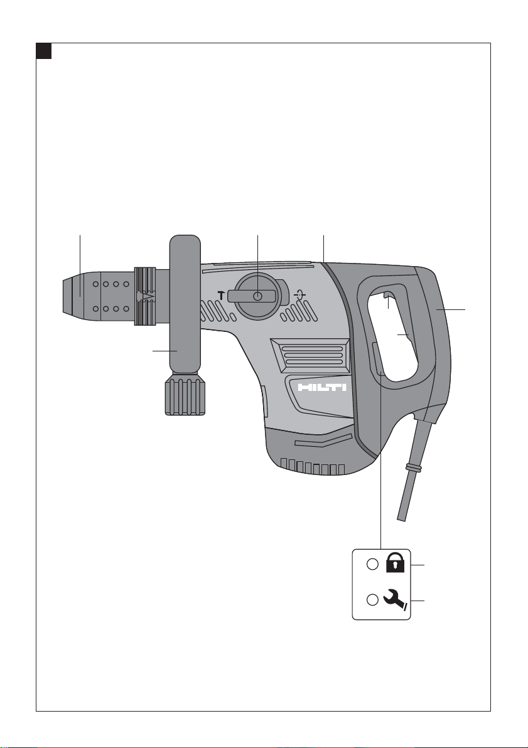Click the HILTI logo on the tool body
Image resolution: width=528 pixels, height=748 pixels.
(322, 387)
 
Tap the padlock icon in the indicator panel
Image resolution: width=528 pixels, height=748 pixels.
(395, 562)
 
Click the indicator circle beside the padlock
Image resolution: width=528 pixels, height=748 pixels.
(372, 564)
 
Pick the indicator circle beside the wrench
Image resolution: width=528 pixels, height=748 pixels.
(372, 600)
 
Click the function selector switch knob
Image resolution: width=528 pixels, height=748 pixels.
(258, 296)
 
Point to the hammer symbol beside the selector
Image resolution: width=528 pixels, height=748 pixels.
(222, 296)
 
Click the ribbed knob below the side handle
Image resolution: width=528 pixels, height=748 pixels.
(186, 395)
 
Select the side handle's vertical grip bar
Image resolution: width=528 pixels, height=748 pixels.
(185, 304)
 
